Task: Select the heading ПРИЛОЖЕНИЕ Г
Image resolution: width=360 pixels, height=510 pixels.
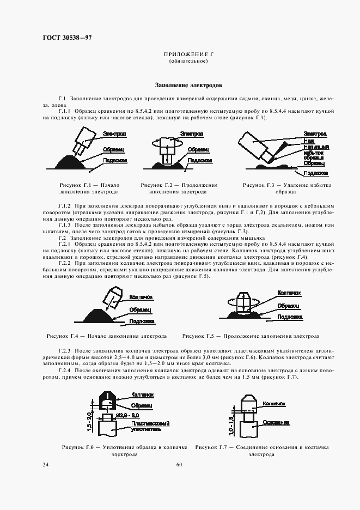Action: point(187,56)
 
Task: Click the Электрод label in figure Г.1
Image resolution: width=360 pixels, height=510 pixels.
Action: point(114,133)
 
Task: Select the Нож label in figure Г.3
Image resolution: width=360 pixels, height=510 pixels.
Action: point(309,140)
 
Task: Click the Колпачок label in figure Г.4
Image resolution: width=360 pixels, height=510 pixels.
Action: point(141,297)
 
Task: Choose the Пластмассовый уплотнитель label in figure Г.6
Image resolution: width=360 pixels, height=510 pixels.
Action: point(150,426)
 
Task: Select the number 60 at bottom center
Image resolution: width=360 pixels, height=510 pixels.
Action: point(179,464)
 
